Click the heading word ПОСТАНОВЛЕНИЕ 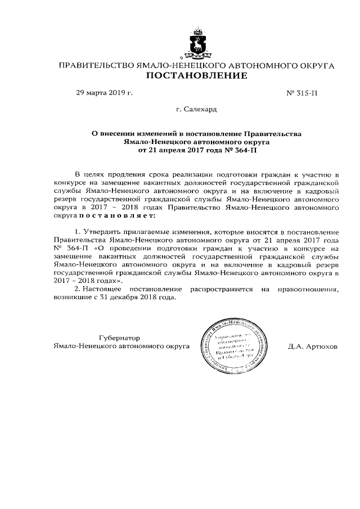[197, 76]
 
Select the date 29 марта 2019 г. [104, 92]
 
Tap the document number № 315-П [302, 92]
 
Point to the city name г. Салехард [197, 109]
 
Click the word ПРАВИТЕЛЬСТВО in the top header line [96, 66]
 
